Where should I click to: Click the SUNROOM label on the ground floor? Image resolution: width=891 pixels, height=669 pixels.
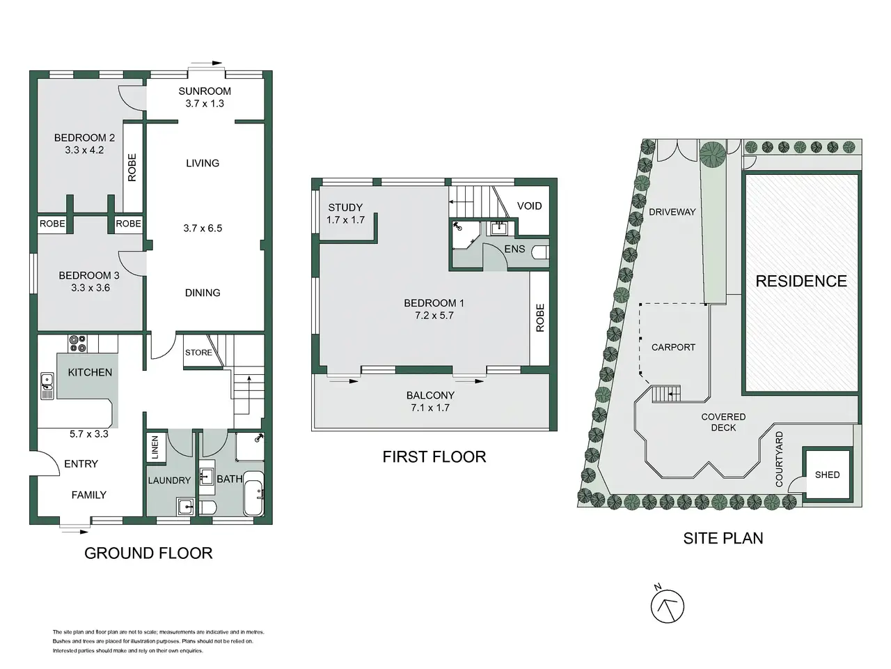205,91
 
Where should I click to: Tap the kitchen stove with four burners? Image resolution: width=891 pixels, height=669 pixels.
77,344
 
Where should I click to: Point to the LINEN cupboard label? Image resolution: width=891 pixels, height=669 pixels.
155,447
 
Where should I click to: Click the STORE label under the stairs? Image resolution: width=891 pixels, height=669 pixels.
198,353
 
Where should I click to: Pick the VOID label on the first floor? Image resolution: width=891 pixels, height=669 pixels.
529,206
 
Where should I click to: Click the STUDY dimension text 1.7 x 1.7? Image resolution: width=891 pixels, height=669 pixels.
345,220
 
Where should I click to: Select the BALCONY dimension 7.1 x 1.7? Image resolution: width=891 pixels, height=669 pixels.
430,408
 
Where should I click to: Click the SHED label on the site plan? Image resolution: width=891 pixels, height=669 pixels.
827,475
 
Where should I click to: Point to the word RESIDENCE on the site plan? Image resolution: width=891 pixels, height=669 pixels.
801,281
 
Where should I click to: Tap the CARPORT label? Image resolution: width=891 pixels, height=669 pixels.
673,347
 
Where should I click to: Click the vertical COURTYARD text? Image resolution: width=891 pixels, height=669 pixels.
779,459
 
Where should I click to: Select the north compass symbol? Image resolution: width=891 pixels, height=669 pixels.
668,607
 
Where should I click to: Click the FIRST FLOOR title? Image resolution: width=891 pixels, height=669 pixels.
434,457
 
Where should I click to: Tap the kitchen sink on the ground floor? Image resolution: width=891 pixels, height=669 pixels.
47,386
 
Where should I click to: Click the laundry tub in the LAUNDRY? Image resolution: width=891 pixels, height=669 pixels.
185,506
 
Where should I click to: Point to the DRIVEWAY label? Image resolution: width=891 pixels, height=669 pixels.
672,212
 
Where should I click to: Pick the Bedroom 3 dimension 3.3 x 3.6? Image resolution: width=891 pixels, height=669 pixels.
90,288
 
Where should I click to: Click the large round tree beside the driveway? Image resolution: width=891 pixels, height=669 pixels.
713,153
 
